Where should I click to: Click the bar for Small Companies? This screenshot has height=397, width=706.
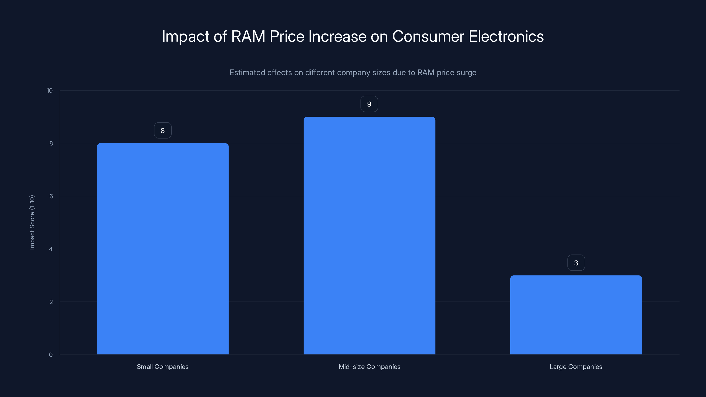click(163, 249)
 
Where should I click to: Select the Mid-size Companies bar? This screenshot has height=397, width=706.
click(369, 236)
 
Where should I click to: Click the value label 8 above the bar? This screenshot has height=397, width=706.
click(163, 130)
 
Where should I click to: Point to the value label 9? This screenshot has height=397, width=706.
click(369, 104)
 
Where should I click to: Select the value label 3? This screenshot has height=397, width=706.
click(576, 263)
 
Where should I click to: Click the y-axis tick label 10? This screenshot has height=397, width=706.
click(50, 90)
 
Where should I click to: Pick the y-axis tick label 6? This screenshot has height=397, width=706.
click(51, 196)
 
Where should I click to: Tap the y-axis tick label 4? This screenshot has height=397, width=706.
click(51, 249)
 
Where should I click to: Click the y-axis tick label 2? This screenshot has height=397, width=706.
click(51, 302)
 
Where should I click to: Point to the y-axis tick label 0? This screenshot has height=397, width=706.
click(51, 355)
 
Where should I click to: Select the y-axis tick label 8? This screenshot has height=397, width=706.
click(51, 143)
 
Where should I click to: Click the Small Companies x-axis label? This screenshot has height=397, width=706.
click(163, 367)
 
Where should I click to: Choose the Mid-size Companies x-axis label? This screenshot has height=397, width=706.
click(369, 367)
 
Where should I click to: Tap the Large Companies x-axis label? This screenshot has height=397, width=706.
click(576, 367)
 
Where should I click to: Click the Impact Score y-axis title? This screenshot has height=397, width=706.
click(32, 222)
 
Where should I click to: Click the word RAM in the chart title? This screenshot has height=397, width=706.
click(248, 36)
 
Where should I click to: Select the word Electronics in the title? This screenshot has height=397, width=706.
click(506, 36)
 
